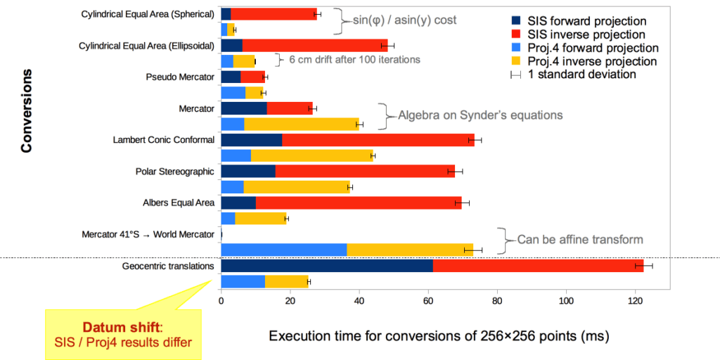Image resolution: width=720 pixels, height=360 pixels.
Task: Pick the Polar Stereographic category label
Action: click(174, 171)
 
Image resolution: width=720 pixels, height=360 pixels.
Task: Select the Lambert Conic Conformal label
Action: click(163, 139)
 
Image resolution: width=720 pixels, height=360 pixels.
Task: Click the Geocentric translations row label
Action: click(168, 266)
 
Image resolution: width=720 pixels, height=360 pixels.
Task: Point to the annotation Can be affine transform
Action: click(580, 240)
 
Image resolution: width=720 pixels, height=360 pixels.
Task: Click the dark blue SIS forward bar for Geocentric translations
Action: click(326, 265)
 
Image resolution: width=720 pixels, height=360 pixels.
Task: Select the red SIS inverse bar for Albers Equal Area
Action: click(358, 203)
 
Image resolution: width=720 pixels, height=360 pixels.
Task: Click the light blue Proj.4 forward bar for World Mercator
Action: click(284, 250)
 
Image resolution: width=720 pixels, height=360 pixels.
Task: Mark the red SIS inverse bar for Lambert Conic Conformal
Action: click(378, 140)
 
